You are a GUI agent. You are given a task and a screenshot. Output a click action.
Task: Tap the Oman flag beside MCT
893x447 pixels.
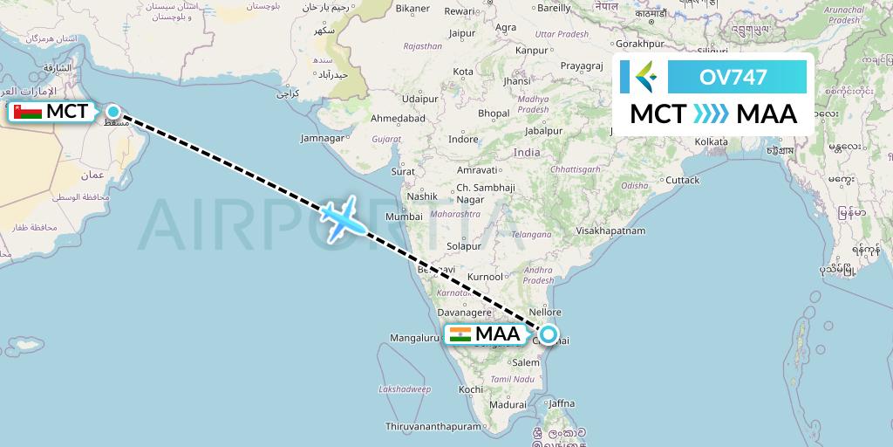coord(27,112)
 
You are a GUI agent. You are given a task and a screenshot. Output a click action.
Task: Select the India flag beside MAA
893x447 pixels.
coord(460,334)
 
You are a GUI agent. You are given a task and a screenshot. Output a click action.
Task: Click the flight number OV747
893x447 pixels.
coord(733,77)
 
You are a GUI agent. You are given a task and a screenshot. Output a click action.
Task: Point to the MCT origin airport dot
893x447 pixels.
coord(113,111)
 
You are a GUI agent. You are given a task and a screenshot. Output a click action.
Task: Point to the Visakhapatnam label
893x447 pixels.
coord(610,231)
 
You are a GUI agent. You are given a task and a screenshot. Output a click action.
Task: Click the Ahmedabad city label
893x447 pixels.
coord(398,119)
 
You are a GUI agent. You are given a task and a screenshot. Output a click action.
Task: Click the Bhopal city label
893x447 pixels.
coord(494,113)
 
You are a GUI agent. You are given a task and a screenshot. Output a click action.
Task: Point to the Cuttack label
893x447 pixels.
coord(682,180)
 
